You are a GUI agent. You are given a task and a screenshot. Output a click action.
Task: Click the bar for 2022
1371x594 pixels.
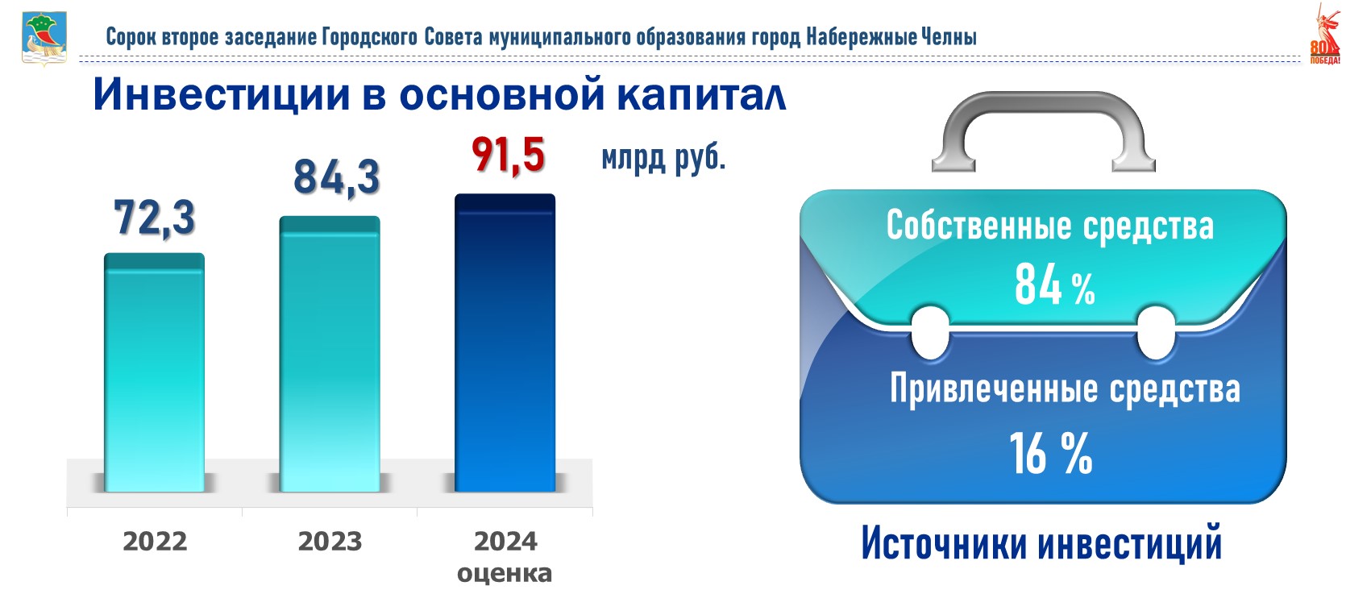(x=154, y=372)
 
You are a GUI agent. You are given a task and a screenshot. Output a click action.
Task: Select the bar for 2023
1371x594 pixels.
(x=330, y=354)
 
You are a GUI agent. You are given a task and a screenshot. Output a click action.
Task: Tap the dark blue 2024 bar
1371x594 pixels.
(x=505, y=343)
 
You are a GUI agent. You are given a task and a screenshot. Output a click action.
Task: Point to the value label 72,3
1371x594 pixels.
(x=154, y=218)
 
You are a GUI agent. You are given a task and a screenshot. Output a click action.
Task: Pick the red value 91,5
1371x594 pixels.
(x=508, y=156)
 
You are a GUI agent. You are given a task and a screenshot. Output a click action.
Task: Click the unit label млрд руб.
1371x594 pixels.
(x=663, y=159)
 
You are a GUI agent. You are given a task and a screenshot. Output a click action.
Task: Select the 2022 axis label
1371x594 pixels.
(x=155, y=542)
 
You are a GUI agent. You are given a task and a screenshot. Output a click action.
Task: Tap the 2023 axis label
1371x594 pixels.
(x=330, y=542)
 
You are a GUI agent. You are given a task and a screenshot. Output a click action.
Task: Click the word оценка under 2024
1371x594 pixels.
(x=505, y=574)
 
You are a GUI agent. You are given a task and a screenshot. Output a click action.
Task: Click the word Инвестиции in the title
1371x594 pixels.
(x=222, y=95)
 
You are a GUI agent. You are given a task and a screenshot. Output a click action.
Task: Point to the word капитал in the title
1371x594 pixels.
(x=701, y=95)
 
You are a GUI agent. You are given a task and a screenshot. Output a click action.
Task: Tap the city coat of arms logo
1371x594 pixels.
(x=44, y=38)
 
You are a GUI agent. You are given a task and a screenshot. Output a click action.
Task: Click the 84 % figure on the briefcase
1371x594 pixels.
(x=1054, y=285)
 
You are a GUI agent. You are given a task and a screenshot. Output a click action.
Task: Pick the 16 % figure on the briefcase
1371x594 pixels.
(x=1051, y=453)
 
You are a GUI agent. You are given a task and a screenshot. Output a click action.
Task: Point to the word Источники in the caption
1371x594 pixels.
(x=945, y=543)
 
